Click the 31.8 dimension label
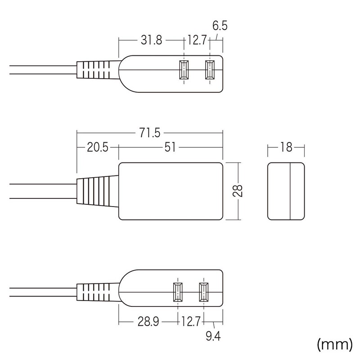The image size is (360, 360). [150, 41]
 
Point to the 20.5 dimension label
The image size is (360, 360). [97, 148]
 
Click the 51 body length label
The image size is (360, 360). [170, 148]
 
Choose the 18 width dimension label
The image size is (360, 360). [286, 148]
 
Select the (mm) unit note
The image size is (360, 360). [334, 344]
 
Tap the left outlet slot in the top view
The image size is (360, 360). [184, 70]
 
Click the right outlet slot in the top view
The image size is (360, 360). [209, 70]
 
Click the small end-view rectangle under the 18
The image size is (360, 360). [286, 191]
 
